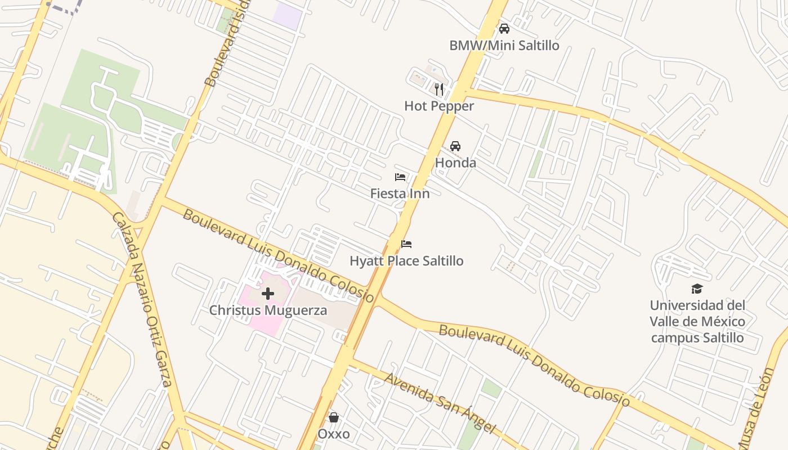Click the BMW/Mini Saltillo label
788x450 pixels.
click(504, 46)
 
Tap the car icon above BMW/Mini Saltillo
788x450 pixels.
click(504, 29)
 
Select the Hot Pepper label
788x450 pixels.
click(439, 106)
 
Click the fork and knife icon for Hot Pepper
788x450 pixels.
click(439, 89)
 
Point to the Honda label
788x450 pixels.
click(455, 163)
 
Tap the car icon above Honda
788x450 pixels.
click(455, 146)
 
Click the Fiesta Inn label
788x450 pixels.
click(400, 193)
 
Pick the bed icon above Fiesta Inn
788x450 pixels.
click(400, 177)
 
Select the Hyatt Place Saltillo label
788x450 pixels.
click(406, 261)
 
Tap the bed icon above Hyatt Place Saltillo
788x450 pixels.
click(406, 244)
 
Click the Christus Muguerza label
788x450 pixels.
click(268, 310)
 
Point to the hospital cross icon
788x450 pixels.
click(268, 293)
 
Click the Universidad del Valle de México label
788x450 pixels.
click(697, 322)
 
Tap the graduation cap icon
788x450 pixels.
click(697, 289)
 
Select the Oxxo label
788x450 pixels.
click(334, 434)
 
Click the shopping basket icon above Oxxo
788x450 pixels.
click(334, 417)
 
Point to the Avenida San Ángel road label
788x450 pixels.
click(440, 403)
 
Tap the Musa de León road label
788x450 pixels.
click(756, 408)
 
